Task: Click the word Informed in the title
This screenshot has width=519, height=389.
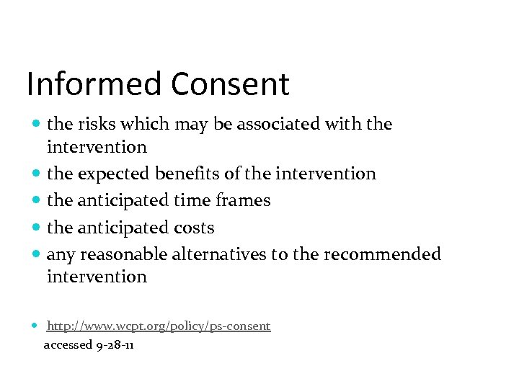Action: (x=94, y=84)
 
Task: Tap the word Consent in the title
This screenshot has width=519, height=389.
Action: (x=230, y=84)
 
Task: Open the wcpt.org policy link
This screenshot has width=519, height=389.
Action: (x=159, y=326)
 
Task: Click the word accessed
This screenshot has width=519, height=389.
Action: (x=68, y=345)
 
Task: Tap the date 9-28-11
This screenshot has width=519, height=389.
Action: (x=115, y=345)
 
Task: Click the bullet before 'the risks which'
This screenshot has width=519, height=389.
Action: (x=37, y=124)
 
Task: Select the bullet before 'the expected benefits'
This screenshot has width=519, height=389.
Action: (x=37, y=174)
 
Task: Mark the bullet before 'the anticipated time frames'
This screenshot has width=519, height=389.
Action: (x=37, y=200)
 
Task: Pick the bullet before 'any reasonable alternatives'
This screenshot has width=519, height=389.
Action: (x=37, y=254)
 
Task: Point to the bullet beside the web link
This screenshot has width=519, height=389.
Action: (x=37, y=326)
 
